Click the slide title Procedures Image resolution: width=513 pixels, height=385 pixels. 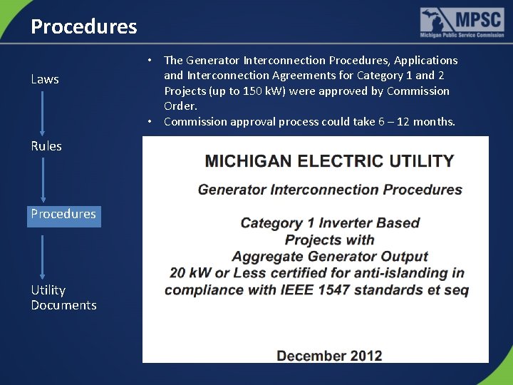84,27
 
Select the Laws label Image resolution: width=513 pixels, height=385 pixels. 45,79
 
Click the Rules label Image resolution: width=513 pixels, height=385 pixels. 46,146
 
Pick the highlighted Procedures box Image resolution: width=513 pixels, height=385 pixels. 63,214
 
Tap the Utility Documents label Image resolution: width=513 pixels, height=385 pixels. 63,297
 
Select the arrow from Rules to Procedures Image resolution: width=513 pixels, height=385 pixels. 43,180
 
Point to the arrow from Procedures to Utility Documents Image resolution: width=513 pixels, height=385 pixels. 43,255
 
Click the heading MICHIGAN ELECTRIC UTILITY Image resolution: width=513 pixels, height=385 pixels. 329,160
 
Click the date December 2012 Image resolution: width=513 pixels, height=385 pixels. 329,356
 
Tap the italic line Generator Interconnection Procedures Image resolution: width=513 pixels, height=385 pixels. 330,190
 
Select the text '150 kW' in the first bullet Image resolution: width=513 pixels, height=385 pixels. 259,91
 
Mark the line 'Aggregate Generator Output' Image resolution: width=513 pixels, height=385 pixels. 329,257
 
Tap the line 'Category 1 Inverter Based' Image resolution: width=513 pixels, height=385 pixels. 330,223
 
